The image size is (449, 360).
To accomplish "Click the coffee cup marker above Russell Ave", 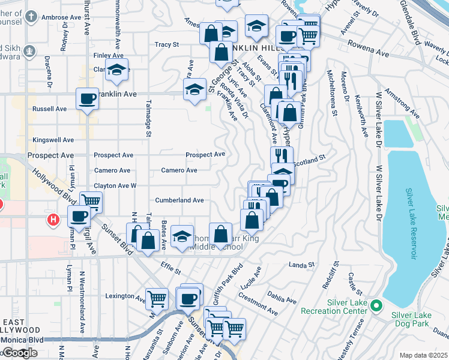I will tap(87, 98).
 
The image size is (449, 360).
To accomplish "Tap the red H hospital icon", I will tap(53, 220).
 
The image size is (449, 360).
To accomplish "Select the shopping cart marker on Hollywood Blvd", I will tap(91, 202).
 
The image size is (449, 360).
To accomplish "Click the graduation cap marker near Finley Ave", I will tap(117, 69).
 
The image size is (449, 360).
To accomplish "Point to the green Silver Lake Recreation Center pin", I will tap(376, 306).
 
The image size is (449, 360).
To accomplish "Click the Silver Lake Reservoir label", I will tap(411, 224).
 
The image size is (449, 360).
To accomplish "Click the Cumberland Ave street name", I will tap(179, 200).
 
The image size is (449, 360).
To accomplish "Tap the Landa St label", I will tap(302, 264).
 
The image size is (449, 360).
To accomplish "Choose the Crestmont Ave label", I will tap(258, 304).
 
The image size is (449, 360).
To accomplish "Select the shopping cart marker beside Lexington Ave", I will tap(157, 298).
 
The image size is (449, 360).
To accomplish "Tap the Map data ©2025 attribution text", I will tap(423, 355).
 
